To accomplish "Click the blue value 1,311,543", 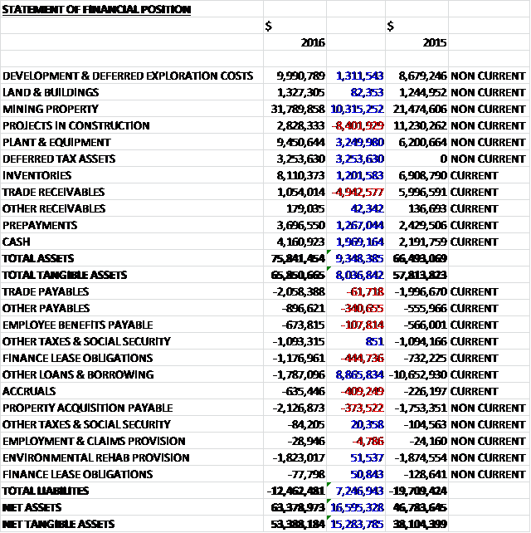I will tap(358, 76).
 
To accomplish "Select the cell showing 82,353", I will tap(366, 92).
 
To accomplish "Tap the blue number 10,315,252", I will tap(356, 109).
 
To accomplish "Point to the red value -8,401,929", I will tap(357, 125).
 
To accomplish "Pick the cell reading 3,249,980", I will tap(358, 142).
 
